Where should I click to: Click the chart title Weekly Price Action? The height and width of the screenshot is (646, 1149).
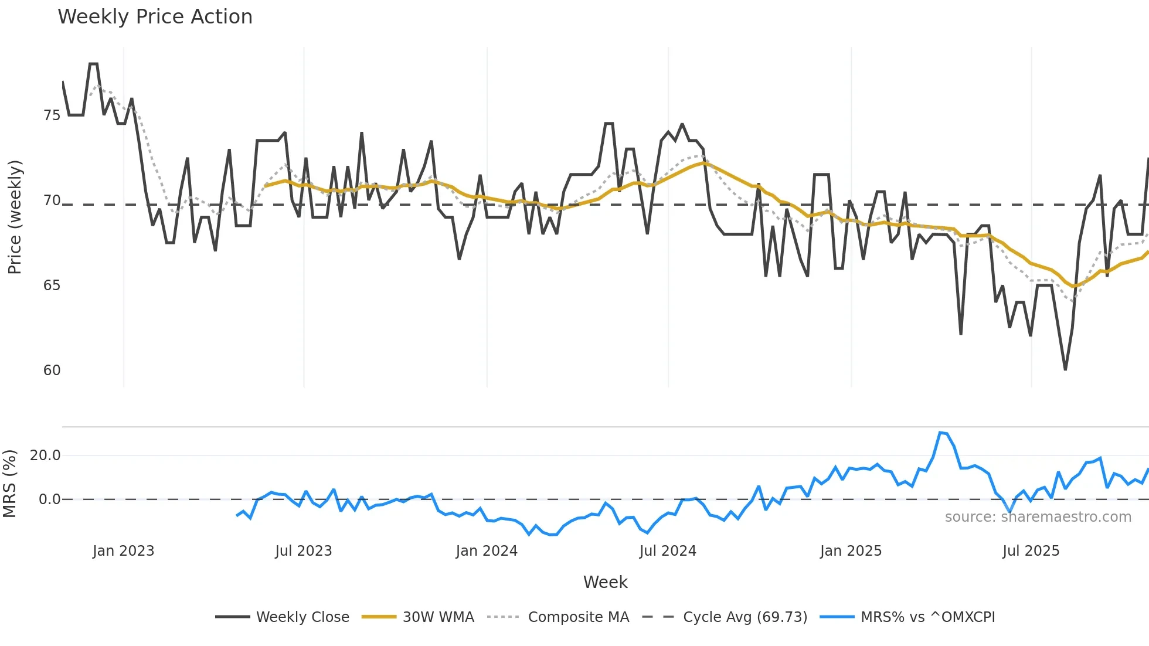point(155,17)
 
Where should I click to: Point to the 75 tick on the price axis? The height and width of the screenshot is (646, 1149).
point(52,115)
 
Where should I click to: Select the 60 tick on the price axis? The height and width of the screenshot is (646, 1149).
point(52,370)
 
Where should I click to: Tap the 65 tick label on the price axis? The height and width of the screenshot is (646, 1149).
point(52,285)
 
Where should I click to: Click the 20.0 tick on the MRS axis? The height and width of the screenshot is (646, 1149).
point(45,455)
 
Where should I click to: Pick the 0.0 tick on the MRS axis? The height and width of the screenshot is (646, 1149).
point(49,499)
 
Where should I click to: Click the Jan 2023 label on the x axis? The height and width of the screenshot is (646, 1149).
point(123,551)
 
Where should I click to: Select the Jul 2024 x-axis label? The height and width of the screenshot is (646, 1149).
point(668,551)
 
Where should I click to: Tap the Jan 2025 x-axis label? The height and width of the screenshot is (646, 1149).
point(851,551)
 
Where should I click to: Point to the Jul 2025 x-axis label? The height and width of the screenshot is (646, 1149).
point(1031,551)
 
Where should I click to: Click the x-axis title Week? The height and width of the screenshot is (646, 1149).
point(605,582)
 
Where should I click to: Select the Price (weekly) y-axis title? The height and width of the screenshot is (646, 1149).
point(15,217)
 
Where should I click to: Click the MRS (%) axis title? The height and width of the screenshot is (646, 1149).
point(9,484)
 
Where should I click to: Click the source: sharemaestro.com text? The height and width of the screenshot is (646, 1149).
point(1038,517)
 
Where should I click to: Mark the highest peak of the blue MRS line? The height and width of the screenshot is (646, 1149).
point(940,433)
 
